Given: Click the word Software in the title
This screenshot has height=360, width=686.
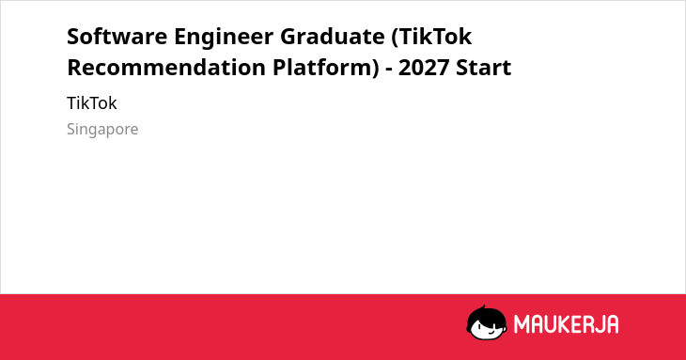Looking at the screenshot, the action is click(x=117, y=36).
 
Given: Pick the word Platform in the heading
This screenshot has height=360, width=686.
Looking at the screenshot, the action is click(x=323, y=68).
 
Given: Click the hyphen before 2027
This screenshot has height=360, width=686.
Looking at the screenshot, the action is click(x=388, y=70).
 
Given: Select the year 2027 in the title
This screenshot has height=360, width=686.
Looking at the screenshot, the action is click(x=424, y=68).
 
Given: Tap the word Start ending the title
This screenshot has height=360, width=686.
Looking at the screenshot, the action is click(x=483, y=68).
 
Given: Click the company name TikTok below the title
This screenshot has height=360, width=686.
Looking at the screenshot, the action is click(x=92, y=103).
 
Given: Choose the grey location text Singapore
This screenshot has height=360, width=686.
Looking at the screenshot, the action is click(x=102, y=130).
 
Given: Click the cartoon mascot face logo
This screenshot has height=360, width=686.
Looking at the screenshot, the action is click(x=487, y=322).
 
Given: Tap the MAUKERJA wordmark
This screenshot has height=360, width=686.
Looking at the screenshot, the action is click(x=566, y=324).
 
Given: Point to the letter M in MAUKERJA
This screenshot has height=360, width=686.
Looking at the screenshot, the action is click(x=521, y=324).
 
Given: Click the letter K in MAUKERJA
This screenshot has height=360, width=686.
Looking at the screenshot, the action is click(x=565, y=324).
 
